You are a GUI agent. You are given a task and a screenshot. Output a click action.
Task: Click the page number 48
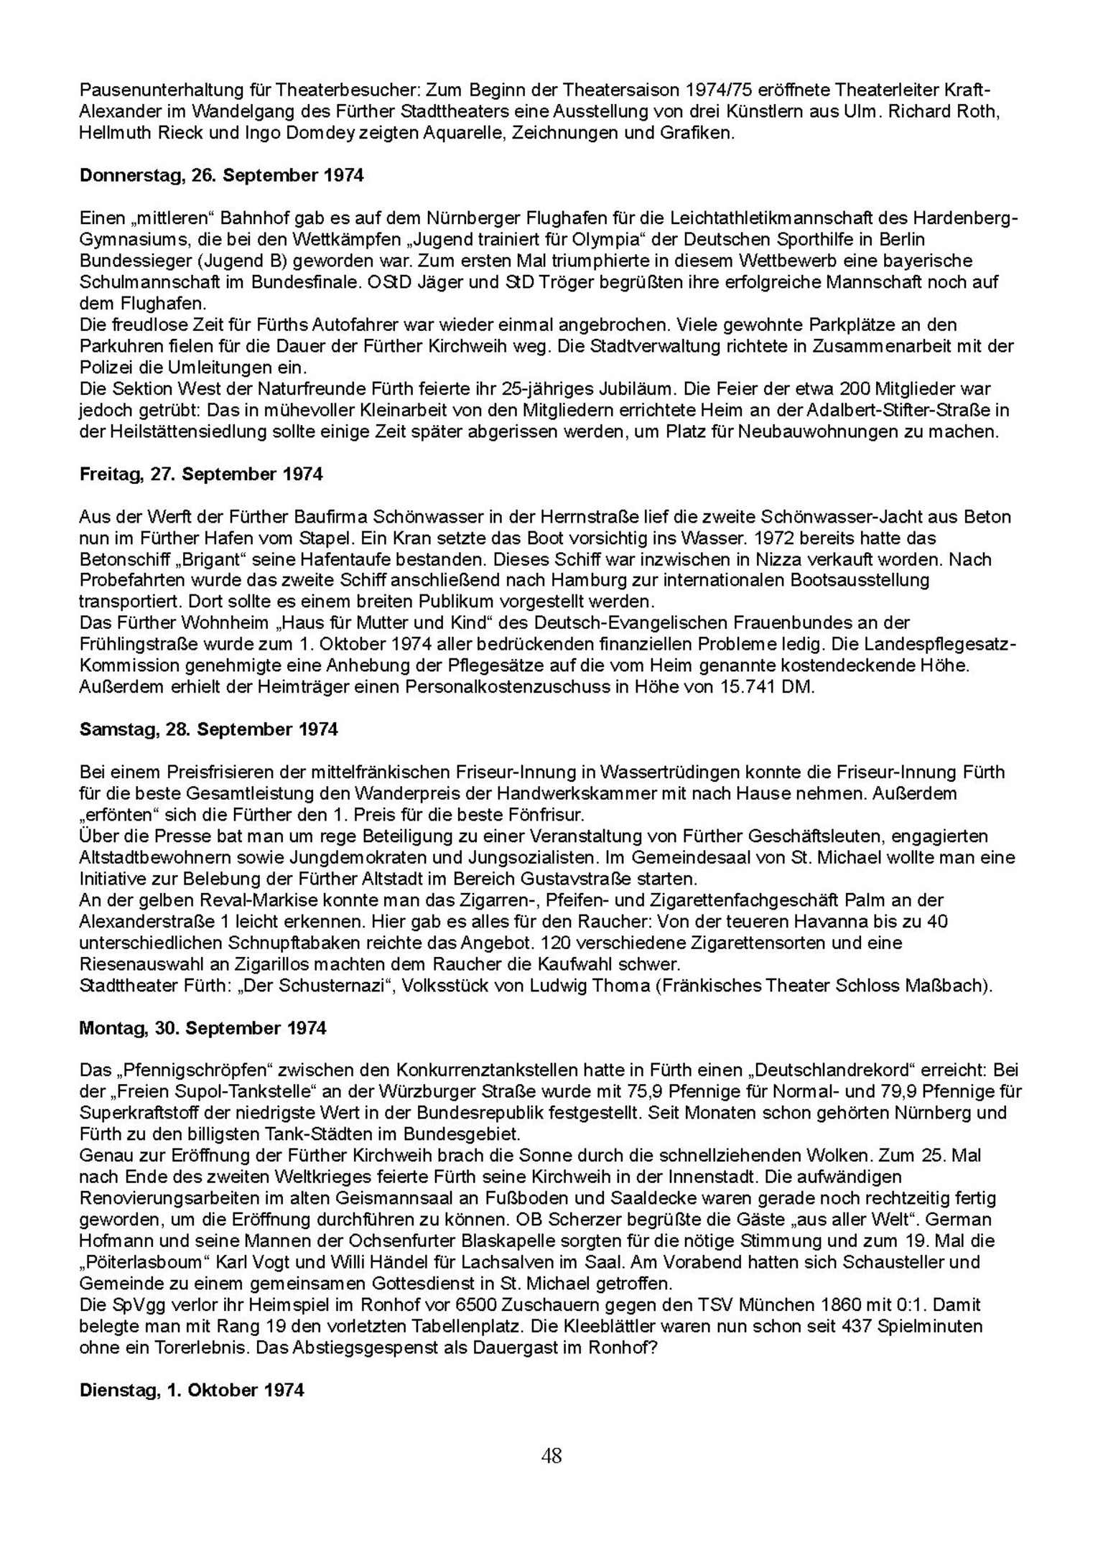coord(551,1456)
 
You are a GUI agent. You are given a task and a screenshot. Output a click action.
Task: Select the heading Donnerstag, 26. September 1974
coord(221,176)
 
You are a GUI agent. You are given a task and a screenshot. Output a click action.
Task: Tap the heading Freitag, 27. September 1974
coord(201,475)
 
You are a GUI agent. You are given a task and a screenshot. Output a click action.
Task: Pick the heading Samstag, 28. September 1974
coord(208,730)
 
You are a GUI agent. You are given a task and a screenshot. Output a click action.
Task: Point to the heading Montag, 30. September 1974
coord(203,1029)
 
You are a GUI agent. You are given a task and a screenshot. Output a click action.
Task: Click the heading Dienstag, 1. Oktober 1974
coord(192,1390)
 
